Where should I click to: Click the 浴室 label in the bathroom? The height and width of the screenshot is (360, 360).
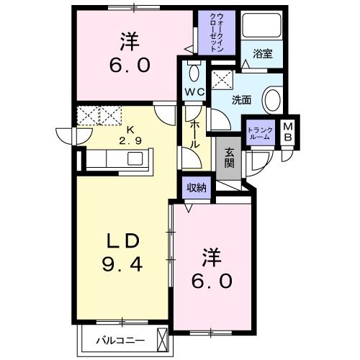(x=262, y=53)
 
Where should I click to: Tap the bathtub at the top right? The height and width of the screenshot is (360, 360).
(x=261, y=26)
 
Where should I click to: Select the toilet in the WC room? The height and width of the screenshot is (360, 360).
(x=192, y=71)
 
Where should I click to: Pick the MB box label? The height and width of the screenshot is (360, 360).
(x=287, y=132)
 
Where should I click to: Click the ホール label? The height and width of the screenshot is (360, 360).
(x=195, y=135)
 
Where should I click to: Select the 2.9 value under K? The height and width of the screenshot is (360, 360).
(x=130, y=140)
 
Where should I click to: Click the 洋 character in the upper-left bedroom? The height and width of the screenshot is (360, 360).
(x=130, y=40)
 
